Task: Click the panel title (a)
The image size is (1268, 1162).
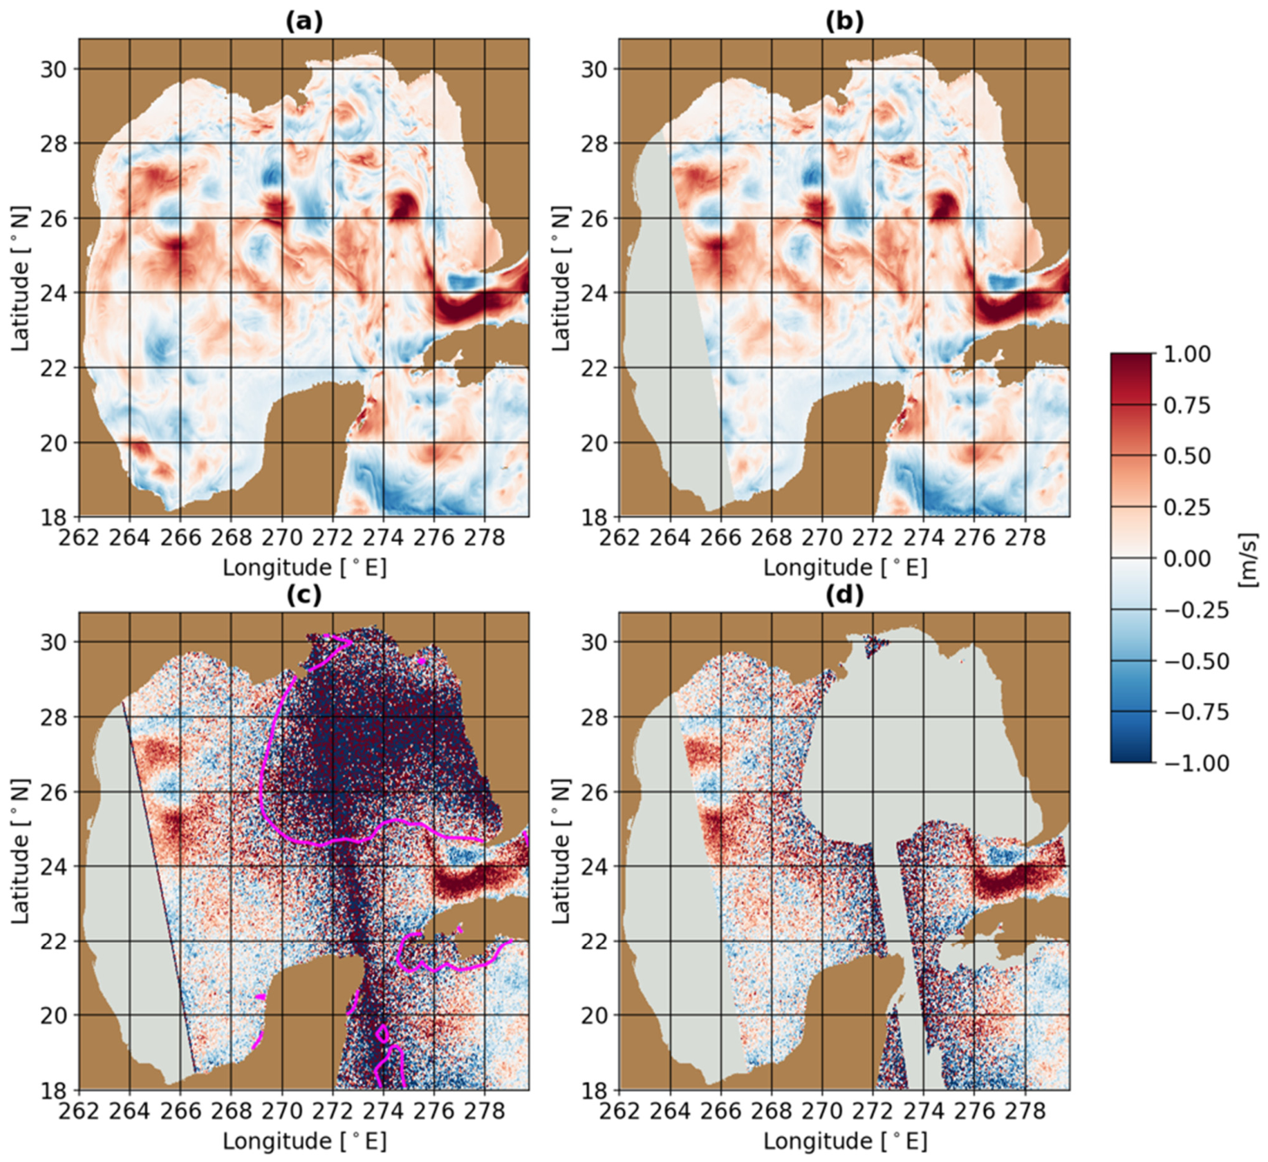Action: pyautogui.click(x=304, y=22)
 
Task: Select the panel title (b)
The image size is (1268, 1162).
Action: pyautogui.click(x=844, y=22)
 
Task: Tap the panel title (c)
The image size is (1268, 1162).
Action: pyautogui.click(x=304, y=595)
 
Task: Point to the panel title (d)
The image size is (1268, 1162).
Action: pyautogui.click(x=844, y=595)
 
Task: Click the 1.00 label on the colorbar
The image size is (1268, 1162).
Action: pyautogui.click(x=1187, y=354)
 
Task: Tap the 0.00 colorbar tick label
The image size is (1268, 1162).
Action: pyautogui.click(x=1187, y=558)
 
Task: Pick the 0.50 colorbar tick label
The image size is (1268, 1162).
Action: pyautogui.click(x=1187, y=457)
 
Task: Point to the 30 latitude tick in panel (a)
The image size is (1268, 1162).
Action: pyautogui.click(x=55, y=69)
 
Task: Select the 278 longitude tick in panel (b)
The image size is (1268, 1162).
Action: pyautogui.click(x=1025, y=538)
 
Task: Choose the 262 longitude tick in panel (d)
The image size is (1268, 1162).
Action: pyautogui.click(x=619, y=1111)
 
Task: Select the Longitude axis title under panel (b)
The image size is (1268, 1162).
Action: pyautogui.click(x=845, y=567)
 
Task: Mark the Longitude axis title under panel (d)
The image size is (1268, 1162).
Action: pyautogui.click(x=845, y=1140)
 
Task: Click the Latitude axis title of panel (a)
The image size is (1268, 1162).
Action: pyautogui.click(x=20, y=292)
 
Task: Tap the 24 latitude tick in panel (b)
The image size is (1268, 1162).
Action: pyautogui.click(x=596, y=293)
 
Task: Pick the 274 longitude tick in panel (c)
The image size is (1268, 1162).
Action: pyautogui.click(x=384, y=1111)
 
